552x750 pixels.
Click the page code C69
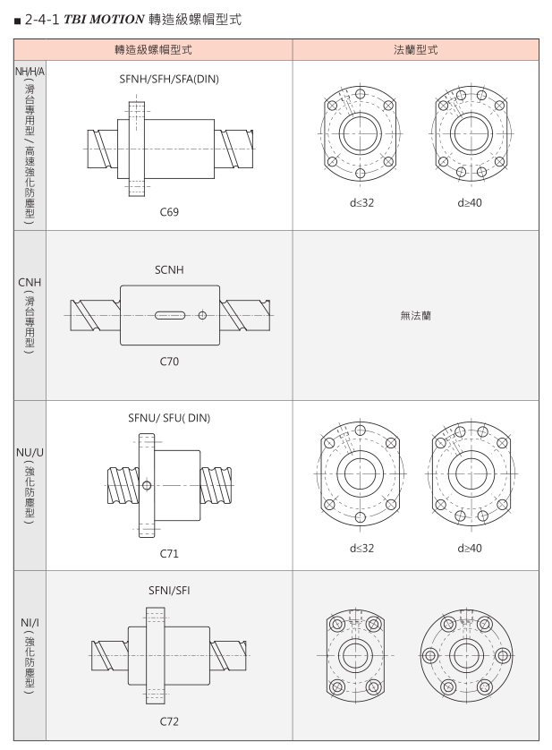169,212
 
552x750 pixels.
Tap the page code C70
169,362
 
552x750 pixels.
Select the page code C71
169,553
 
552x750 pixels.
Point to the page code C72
169,721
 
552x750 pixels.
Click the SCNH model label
169,269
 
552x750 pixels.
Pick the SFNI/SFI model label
169,591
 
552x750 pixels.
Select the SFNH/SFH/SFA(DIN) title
169,79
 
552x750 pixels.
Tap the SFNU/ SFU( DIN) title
169,418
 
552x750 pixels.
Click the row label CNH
30,283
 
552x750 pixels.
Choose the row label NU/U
30,453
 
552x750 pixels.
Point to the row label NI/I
30,622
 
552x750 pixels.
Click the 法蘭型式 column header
416,50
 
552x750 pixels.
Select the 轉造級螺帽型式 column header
153,50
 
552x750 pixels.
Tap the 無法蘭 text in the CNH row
416,315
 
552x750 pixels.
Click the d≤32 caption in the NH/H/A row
361,203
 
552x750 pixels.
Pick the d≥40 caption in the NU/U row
470,548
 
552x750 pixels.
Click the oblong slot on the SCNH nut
170,315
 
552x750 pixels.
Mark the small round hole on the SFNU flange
147,485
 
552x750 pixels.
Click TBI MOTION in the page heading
104,20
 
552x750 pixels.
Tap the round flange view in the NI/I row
466,655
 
